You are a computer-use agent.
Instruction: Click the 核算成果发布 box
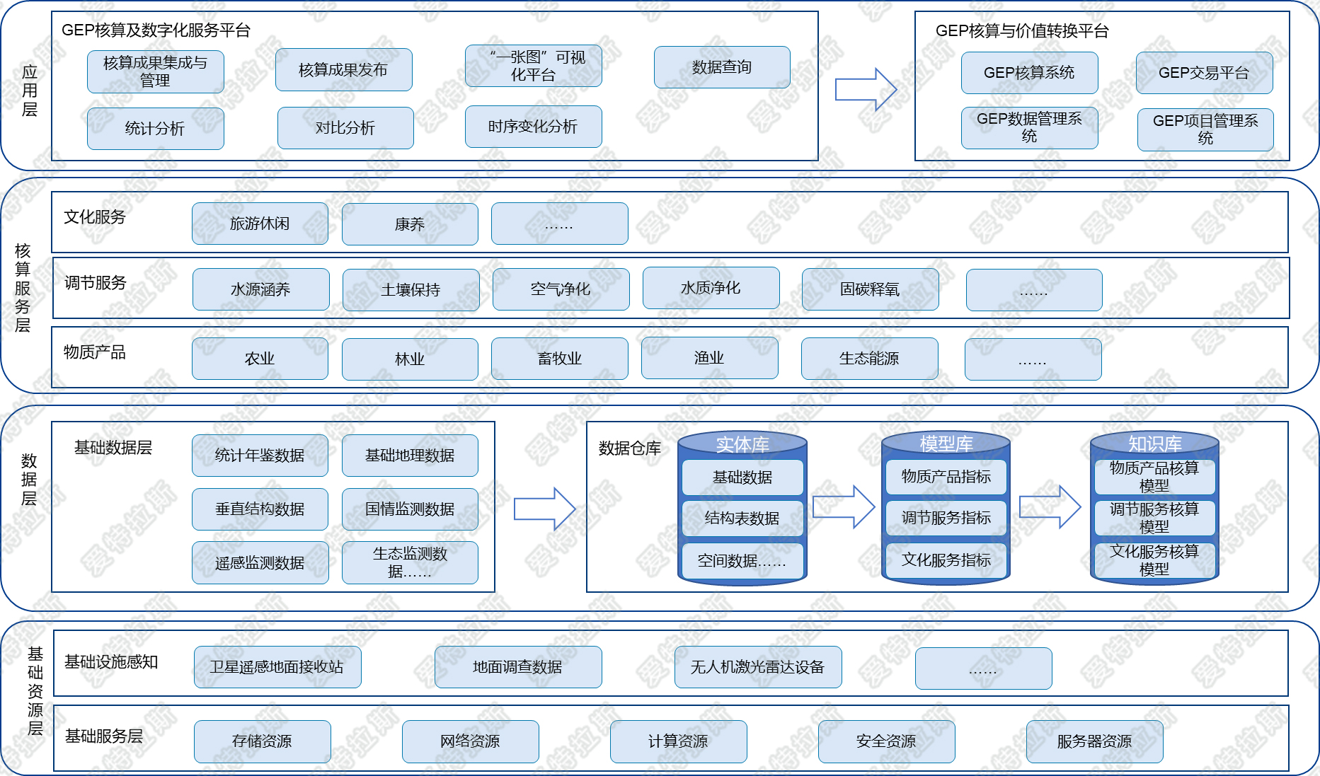343,70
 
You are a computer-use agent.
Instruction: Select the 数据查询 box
721,67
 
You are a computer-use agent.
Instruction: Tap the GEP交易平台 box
1203,73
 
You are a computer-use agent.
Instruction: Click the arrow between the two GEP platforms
866,90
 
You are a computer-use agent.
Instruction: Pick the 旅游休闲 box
260,224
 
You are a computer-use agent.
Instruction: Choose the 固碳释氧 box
870,289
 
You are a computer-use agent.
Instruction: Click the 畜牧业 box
559,359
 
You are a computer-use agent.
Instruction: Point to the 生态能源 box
869,359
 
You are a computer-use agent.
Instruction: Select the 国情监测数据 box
410,509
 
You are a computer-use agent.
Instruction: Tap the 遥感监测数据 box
260,563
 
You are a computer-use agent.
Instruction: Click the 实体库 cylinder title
742,444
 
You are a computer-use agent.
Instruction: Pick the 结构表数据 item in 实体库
742,519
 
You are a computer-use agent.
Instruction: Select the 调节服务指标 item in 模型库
946,518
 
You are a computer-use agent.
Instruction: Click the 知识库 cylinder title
1154,444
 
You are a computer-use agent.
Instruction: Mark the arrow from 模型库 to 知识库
1050,506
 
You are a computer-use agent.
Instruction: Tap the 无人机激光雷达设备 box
757,667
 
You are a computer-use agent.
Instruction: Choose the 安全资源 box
886,741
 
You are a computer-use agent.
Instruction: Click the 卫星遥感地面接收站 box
277,667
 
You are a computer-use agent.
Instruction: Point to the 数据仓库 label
629,448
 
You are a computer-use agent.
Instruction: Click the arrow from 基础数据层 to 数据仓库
544,509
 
